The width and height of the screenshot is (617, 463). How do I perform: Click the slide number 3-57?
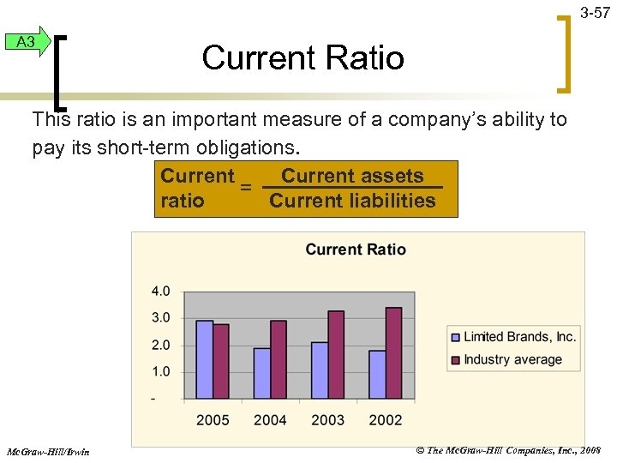point(595,13)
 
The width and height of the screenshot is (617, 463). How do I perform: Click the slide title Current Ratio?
point(303,58)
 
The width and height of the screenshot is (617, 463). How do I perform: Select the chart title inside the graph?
point(356,250)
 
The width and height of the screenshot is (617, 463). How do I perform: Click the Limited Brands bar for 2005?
point(205,359)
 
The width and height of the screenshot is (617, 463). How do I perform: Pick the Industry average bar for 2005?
point(221,361)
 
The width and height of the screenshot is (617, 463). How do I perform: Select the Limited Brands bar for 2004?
point(262,373)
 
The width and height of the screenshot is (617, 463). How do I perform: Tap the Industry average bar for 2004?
point(279,359)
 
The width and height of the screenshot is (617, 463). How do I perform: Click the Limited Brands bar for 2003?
point(320,370)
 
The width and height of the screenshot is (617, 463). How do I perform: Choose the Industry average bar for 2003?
point(336,355)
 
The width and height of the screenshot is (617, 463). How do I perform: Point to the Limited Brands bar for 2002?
point(377,374)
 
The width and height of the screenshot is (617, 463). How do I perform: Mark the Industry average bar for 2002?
point(393,353)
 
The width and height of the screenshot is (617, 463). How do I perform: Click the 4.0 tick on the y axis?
point(160,292)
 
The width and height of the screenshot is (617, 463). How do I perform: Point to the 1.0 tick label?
point(160,372)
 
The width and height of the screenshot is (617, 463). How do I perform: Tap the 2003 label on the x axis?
point(327,420)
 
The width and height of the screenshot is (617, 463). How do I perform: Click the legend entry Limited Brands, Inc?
point(519,336)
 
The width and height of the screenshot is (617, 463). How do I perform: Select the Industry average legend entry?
point(512,359)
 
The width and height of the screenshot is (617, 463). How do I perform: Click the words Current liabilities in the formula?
point(352,201)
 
